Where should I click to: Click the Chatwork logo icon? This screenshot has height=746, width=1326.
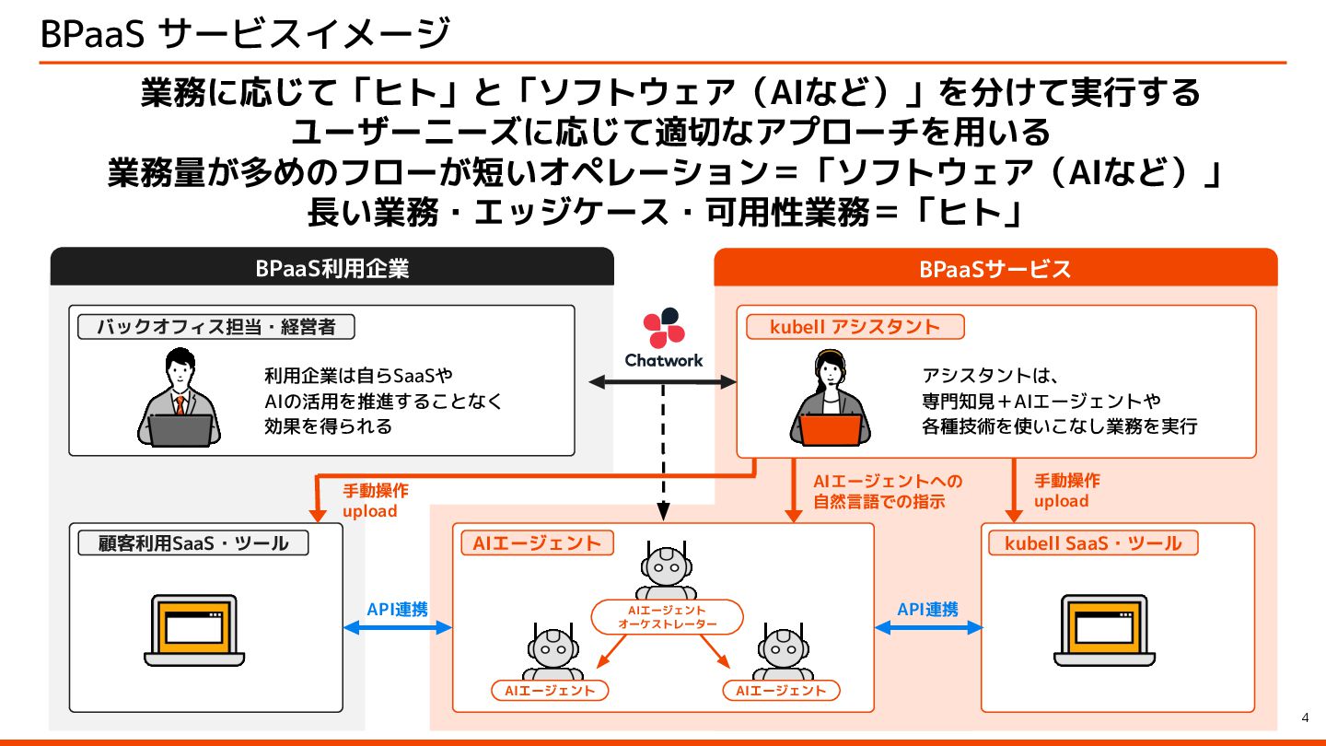pos(663,328)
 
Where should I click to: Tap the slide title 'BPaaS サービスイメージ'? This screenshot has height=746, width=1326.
pos(245,34)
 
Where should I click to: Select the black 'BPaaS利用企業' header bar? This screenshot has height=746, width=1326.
pos(331,268)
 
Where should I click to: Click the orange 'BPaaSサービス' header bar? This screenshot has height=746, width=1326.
pos(995,268)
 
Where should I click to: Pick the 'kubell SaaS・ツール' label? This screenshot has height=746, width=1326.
pos(1092,543)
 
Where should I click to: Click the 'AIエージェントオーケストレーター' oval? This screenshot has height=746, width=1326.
pos(667,617)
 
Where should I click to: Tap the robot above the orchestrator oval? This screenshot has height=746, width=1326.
pos(667,572)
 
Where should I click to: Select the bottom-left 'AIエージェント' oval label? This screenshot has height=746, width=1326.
pos(550,690)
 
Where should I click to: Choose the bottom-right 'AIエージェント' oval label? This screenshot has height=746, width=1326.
pos(781,690)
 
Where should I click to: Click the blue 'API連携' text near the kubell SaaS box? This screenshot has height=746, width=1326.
pos(927,610)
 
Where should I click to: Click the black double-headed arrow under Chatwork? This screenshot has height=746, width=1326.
pos(663,380)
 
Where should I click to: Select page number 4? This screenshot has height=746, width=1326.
pos(1305,718)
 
